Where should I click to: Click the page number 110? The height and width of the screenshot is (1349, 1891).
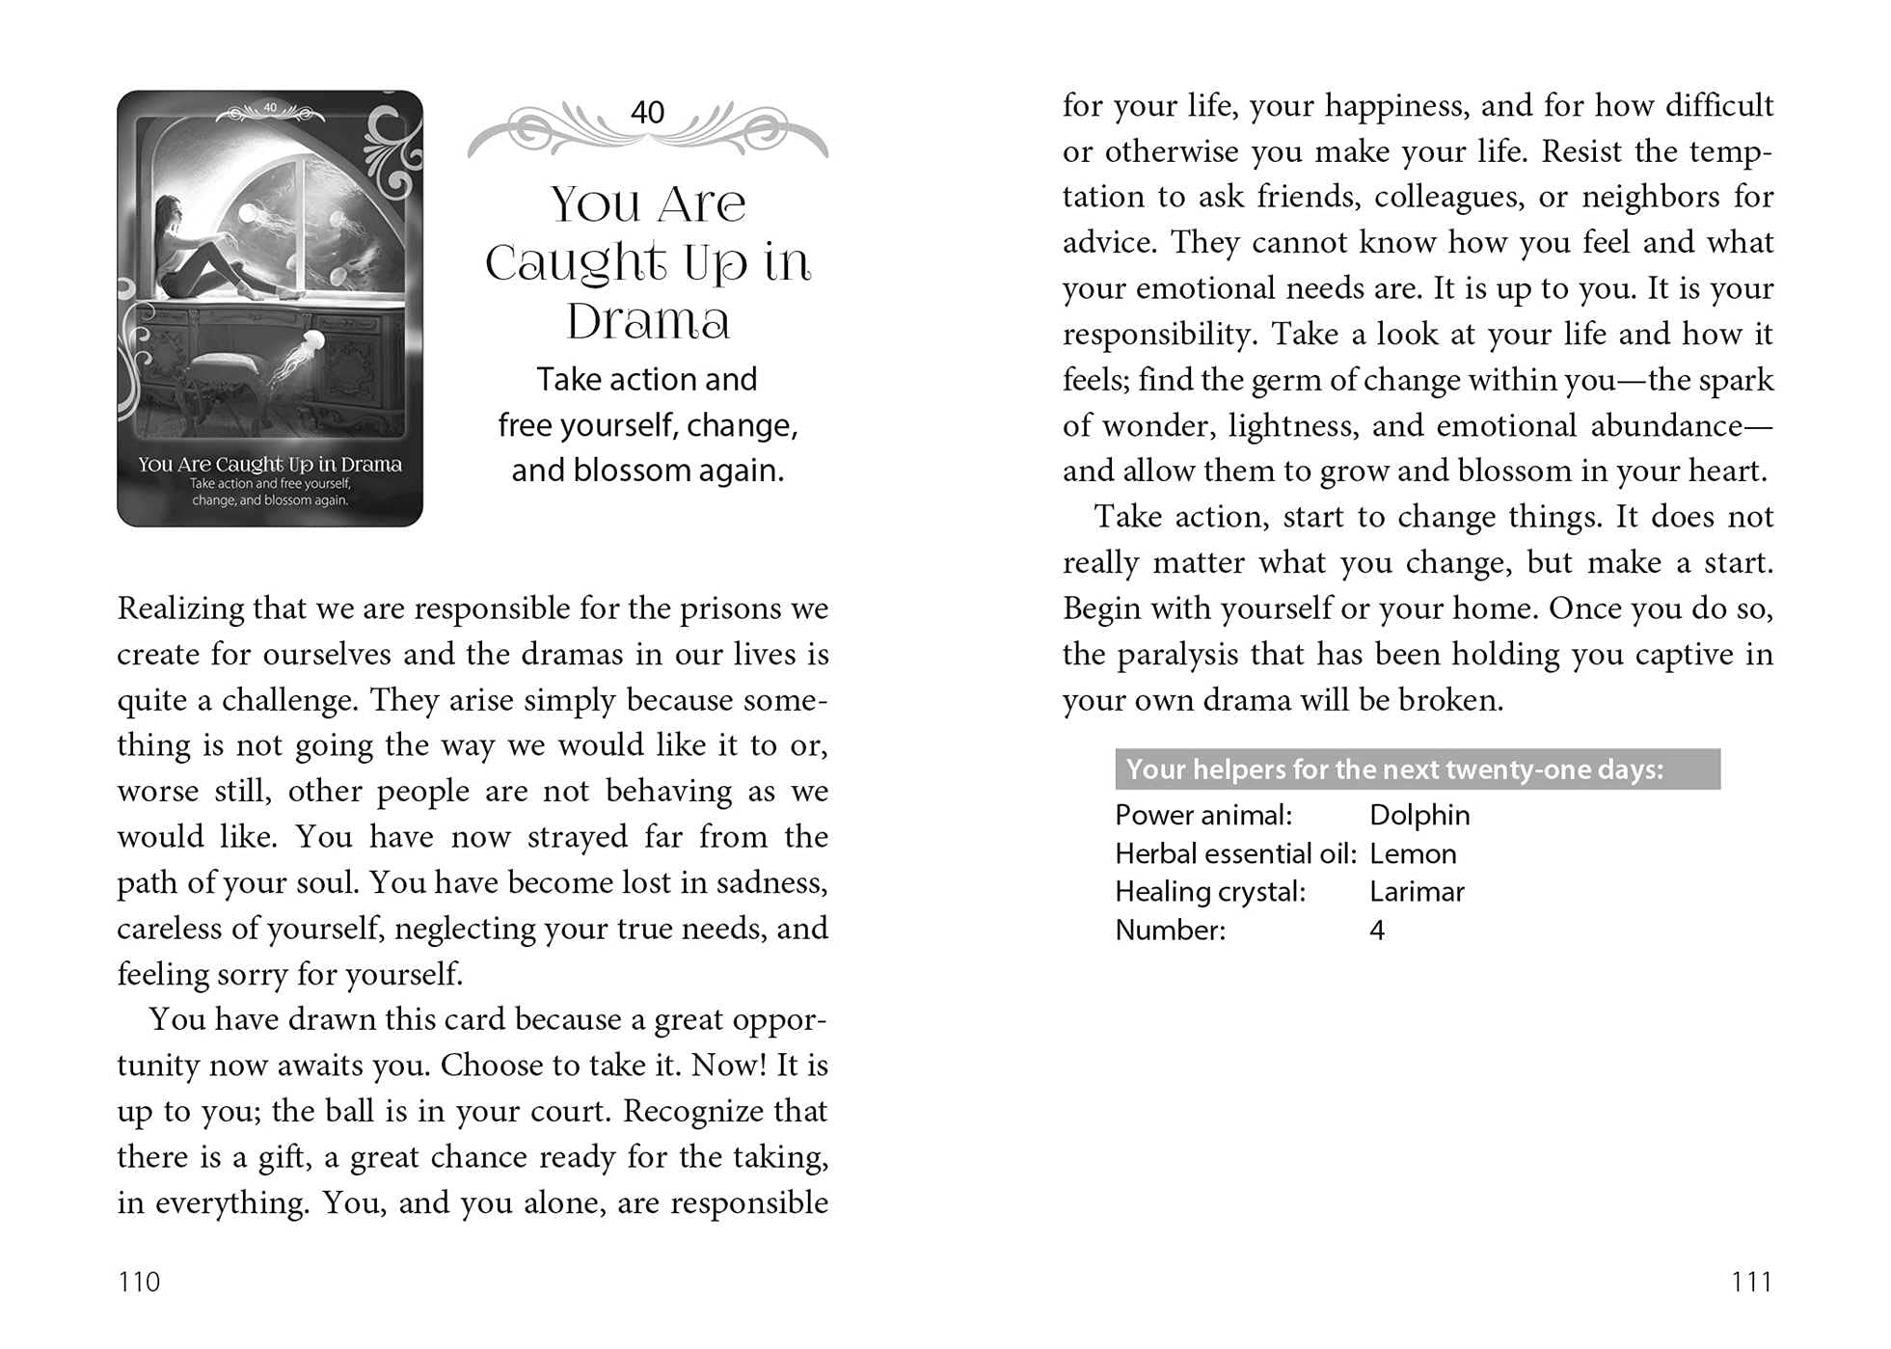pos(139,1282)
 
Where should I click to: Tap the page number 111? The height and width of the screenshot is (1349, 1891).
pos(1751,1282)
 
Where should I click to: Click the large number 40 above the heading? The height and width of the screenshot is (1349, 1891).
pos(647,113)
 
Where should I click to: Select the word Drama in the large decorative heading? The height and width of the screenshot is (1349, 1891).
pos(648,321)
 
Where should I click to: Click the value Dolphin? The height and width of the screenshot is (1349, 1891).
pos(1419,816)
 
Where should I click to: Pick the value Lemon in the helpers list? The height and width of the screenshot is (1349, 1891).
pos(1413,854)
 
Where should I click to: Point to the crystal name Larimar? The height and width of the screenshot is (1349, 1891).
pos(1417,892)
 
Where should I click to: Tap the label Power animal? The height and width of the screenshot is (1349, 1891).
pos(1202,816)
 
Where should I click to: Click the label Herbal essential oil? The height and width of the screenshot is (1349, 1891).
pos(1235,854)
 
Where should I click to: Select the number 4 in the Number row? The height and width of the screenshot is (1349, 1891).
pos(1377,931)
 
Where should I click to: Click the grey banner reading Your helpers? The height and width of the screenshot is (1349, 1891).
pos(1417,769)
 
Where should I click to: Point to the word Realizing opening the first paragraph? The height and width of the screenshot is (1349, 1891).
pos(179,609)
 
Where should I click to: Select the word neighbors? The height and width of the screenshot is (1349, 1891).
pos(1651,197)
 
